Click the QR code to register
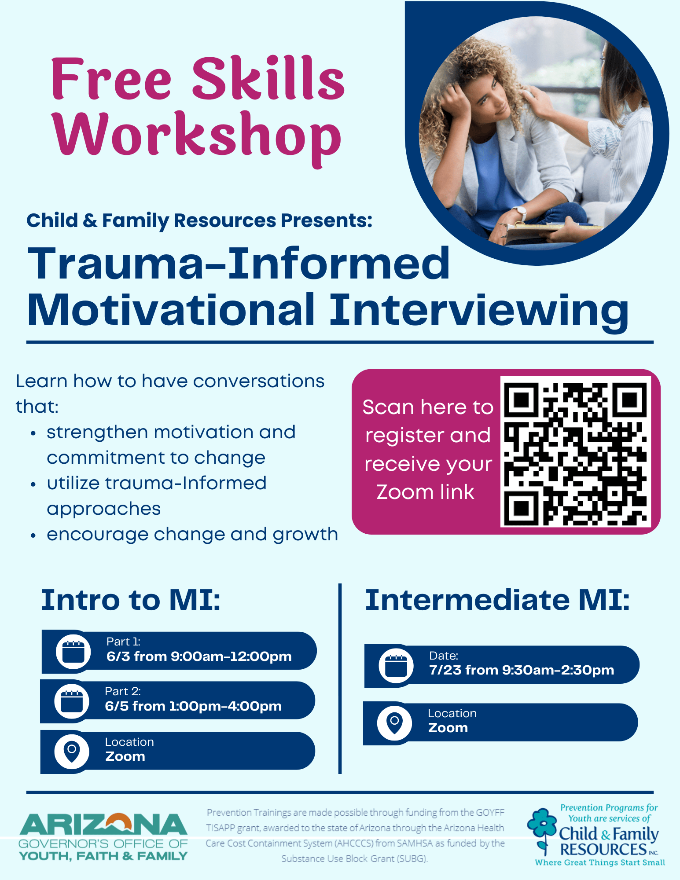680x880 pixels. (x=575, y=451)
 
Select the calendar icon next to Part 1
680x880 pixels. (x=73, y=651)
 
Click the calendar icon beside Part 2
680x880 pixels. (x=72, y=701)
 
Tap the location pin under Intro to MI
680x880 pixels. (x=72, y=751)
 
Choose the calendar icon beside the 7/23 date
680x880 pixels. (x=396, y=665)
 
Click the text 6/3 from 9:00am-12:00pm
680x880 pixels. (x=199, y=656)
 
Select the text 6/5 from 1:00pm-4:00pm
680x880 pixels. (x=193, y=706)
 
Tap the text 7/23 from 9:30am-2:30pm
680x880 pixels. (x=522, y=670)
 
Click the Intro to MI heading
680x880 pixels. (x=131, y=600)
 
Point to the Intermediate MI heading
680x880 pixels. (x=497, y=600)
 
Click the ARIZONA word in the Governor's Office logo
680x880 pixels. (x=103, y=824)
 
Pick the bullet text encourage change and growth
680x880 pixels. (x=192, y=535)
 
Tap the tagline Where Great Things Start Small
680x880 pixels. (x=600, y=862)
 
